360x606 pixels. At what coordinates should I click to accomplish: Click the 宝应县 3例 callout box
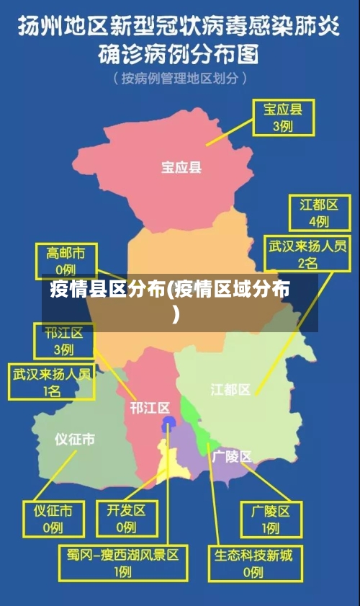(x=282, y=118)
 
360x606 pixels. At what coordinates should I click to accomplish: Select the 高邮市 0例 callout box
(x=66, y=261)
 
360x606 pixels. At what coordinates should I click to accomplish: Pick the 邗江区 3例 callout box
(x=63, y=341)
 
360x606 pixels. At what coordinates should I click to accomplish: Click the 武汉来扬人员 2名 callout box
(x=307, y=254)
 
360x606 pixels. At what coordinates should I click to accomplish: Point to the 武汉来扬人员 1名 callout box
(x=51, y=382)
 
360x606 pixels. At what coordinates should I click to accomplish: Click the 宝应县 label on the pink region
(x=181, y=168)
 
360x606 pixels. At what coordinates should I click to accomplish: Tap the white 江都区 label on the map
(x=230, y=390)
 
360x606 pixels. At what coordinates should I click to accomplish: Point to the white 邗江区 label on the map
(x=150, y=408)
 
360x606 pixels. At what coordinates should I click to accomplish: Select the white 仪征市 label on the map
(x=74, y=440)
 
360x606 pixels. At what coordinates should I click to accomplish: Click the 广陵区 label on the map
(x=232, y=456)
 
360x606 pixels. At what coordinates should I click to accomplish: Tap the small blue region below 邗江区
(x=168, y=421)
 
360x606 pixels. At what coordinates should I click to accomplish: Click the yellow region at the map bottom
(x=173, y=465)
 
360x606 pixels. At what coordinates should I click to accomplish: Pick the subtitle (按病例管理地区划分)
(x=180, y=78)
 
